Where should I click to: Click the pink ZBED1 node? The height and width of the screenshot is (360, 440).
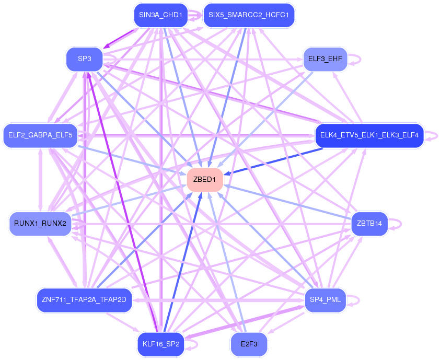(x=205, y=180)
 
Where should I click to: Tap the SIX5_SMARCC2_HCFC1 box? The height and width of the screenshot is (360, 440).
(x=249, y=15)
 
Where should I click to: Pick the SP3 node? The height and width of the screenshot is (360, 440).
(x=85, y=59)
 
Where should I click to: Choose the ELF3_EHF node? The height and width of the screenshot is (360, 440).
(x=325, y=59)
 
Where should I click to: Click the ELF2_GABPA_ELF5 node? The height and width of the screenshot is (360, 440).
(x=40, y=136)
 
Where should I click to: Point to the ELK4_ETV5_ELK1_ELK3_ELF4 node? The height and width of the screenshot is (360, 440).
(x=369, y=136)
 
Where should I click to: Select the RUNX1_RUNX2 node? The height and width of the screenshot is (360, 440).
(x=40, y=224)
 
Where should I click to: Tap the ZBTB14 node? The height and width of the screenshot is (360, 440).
(x=369, y=224)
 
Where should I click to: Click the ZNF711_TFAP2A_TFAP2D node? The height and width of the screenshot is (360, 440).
(x=84, y=300)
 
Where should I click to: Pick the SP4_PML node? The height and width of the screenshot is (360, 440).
(x=325, y=300)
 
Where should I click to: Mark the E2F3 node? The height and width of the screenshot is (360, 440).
(x=249, y=344)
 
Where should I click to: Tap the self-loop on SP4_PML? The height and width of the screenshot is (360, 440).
(x=354, y=300)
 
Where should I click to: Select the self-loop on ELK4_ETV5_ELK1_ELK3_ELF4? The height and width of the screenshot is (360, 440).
(x=432, y=136)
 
